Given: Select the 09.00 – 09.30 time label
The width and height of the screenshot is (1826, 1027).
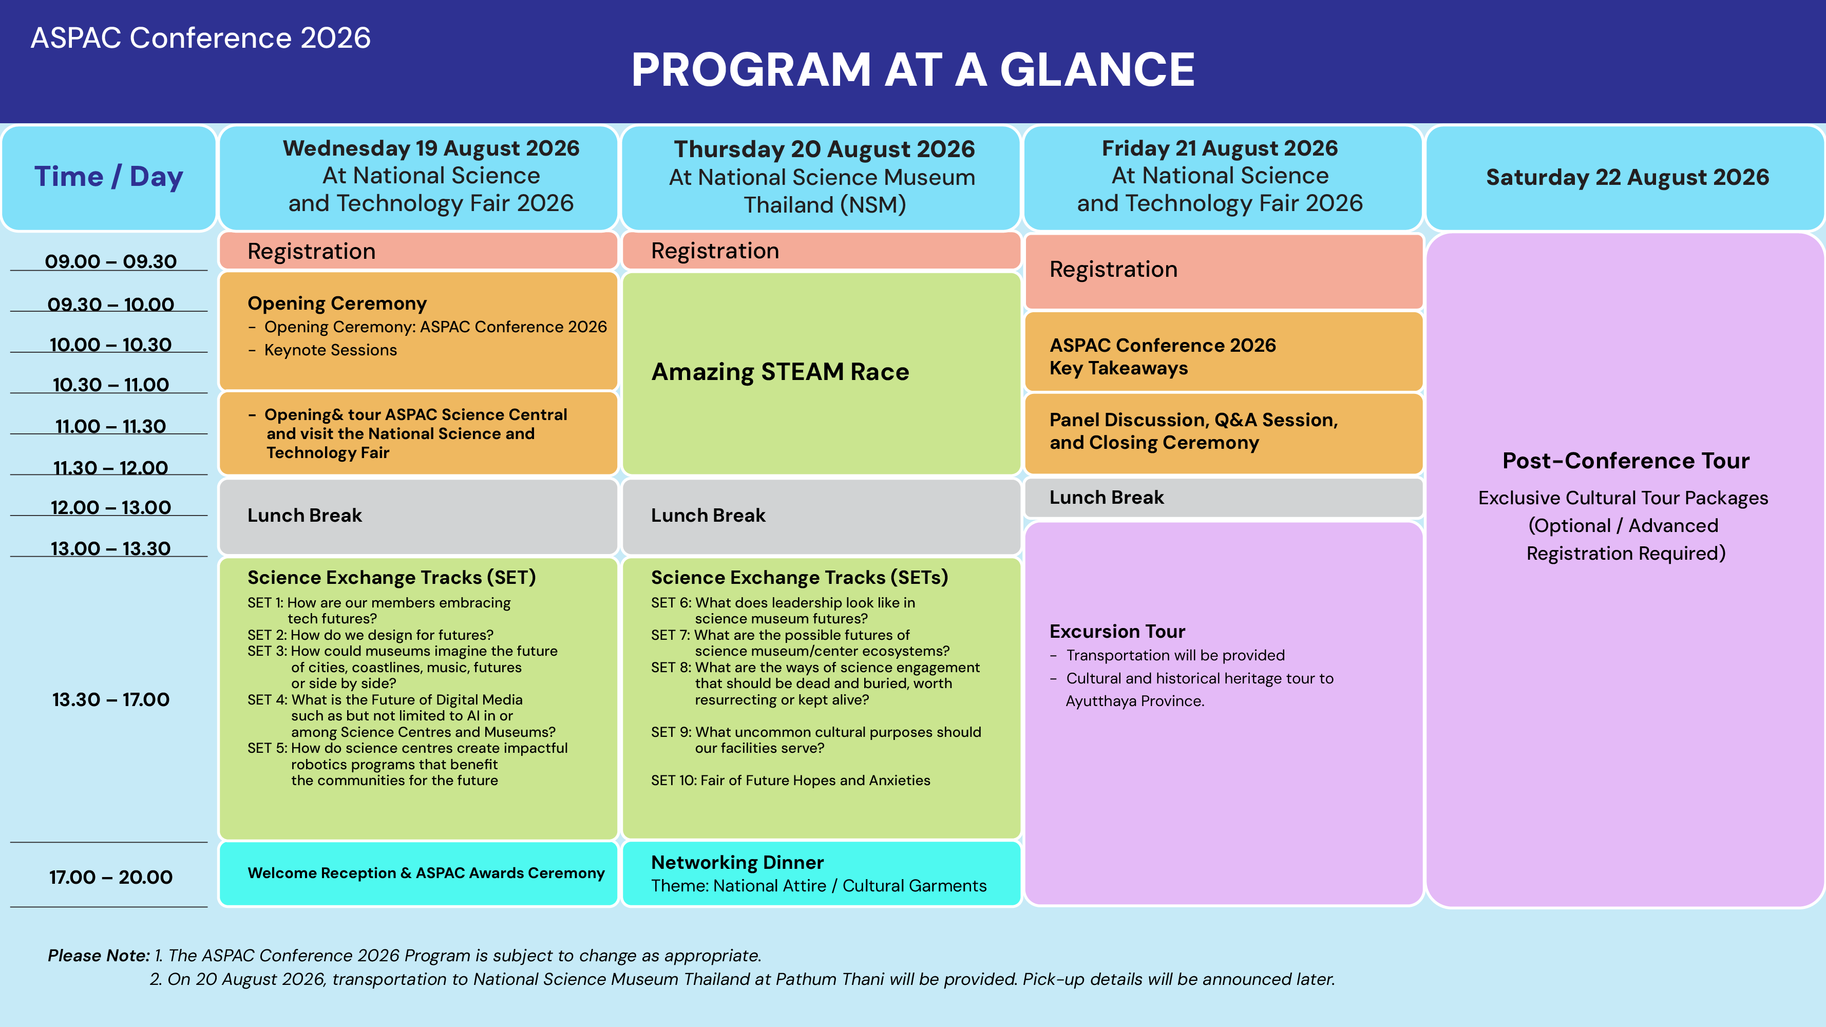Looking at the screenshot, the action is pyautogui.click(x=110, y=261).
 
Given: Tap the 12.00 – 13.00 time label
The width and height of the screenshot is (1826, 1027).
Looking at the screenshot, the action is pyautogui.click(x=110, y=507).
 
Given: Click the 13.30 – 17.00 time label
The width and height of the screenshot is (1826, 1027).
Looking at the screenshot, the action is pyautogui.click(x=110, y=699).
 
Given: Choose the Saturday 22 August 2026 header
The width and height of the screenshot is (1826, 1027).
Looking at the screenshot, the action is pyautogui.click(x=1627, y=177).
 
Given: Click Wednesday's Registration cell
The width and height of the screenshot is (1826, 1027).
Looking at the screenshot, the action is pyautogui.click(x=418, y=251).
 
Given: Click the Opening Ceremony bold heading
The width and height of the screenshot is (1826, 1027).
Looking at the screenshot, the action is pyautogui.click(x=337, y=303).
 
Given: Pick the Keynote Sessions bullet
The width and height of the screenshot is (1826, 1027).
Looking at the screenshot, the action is pyautogui.click(x=330, y=350).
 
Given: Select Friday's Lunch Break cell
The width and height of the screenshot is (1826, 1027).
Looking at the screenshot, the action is pyautogui.click(x=1224, y=498).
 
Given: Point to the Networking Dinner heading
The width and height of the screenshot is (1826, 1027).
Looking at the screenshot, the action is pyautogui.click(x=737, y=863).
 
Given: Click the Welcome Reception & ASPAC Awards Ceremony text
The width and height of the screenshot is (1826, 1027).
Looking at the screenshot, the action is pyautogui.click(x=426, y=873).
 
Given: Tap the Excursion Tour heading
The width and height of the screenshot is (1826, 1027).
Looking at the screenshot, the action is pyautogui.click(x=1117, y=632).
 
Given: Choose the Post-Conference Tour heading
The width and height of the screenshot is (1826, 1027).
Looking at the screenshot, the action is pyautogui.click(x=1626, y=461).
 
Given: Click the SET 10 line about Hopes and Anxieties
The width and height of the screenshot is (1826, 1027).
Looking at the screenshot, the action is pyautogui.click(x=790, y=781).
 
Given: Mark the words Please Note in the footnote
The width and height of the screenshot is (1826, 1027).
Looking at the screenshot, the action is pyautogui.click(x=99, y=956).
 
